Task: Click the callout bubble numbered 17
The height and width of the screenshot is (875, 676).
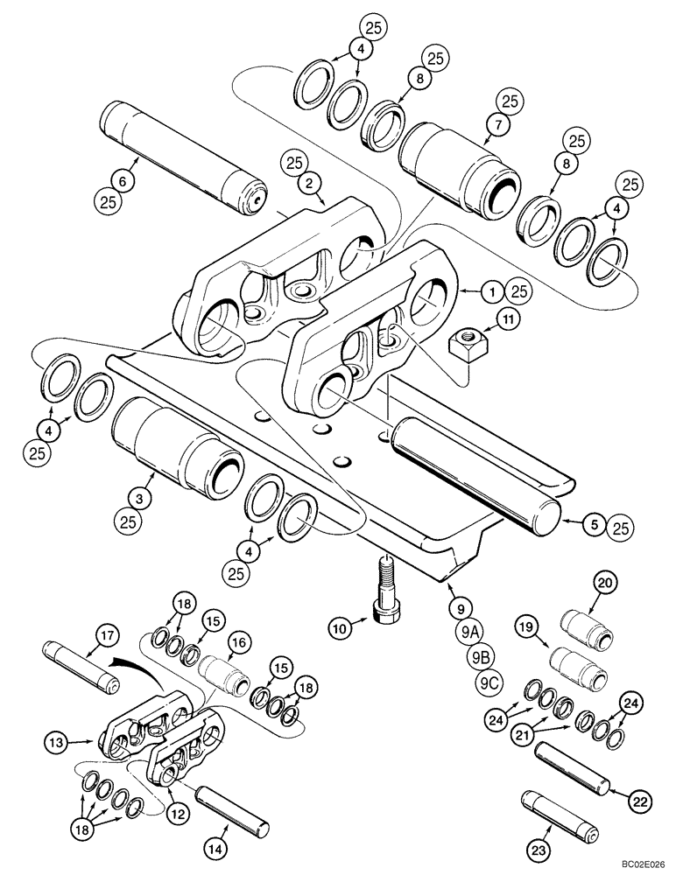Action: point(106,634)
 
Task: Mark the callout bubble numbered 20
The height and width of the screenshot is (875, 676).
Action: point(605,583)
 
